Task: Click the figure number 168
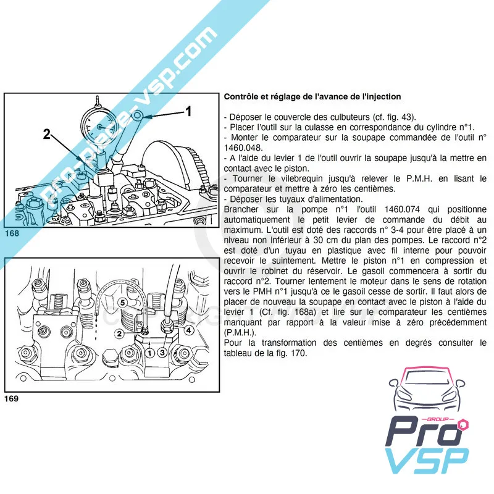(12, 234)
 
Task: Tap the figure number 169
(12, 398)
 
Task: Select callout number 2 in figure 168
(48, 133)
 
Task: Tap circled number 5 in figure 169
(123, 303)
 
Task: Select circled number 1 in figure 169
(149, 353)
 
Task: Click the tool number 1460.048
(247, 148)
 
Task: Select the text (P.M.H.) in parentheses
(237, 332)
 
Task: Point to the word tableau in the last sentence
(241, 353)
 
